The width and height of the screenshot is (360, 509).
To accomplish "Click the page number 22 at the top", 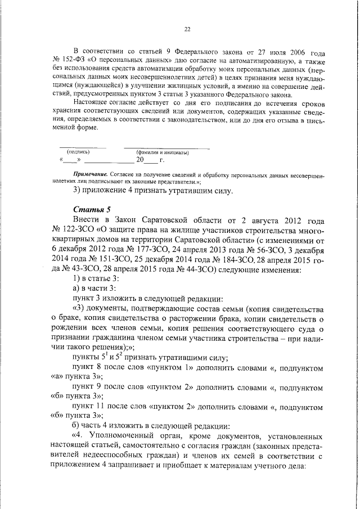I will point(187,30).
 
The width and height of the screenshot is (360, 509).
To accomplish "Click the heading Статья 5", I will point(92,210).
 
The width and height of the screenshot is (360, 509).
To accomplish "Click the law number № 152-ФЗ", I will point(68,59).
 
